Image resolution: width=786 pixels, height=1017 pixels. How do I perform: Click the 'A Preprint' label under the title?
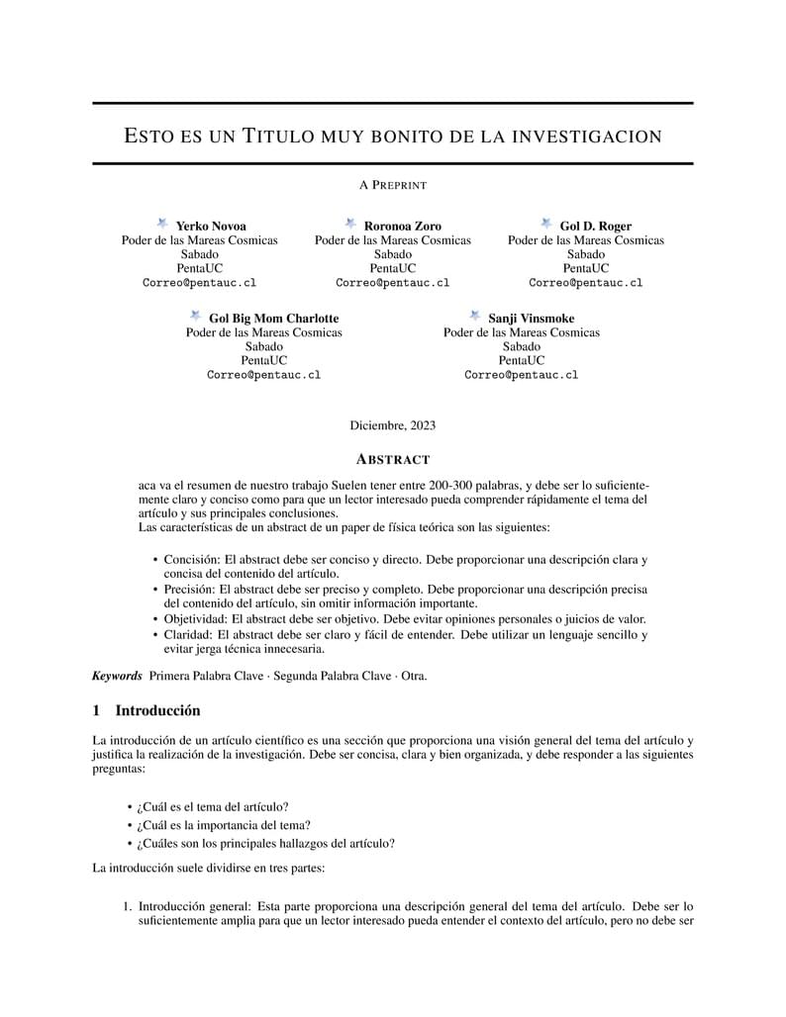point(393,185)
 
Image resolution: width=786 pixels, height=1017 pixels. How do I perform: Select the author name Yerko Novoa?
point(211,226)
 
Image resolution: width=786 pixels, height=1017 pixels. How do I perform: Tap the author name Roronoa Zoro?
point(403,226)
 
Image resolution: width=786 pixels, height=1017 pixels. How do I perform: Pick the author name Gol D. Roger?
point(596,226)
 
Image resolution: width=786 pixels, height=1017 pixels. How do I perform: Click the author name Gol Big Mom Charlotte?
point(273,319)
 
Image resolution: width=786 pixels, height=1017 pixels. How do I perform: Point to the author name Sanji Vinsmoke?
point(531,319)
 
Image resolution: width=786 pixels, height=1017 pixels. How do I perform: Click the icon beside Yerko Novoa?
point(162,225)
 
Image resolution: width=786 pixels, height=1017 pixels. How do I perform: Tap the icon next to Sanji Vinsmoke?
point(475,317)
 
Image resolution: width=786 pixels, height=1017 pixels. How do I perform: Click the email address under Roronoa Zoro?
point(393,283)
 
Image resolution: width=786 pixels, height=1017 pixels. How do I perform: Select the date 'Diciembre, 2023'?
point(393,425)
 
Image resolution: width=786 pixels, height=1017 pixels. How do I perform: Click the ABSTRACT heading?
point(393,460)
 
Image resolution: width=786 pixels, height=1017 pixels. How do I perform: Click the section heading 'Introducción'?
point(158,711)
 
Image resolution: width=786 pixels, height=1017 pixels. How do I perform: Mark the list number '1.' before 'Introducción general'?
point(128,906)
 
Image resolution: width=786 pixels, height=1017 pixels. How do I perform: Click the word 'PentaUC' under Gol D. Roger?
point(586,268)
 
